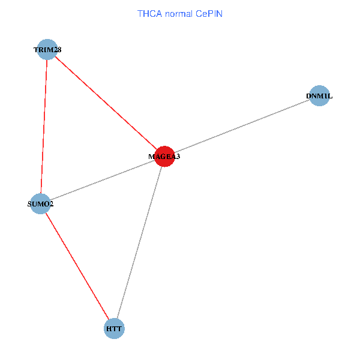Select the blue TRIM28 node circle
[47, 49]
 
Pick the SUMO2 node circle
[40, 203]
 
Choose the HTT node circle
[114, 329]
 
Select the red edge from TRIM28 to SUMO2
[44, 126]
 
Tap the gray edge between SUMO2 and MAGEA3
[102, 180]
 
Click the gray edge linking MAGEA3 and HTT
[139, 242]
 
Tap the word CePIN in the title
[209, 13]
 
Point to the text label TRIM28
[47, 49]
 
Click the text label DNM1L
[319, 96]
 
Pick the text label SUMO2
[41, 204]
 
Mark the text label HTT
[114, 329]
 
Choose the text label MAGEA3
[164, 157]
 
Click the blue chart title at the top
[180, 13]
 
